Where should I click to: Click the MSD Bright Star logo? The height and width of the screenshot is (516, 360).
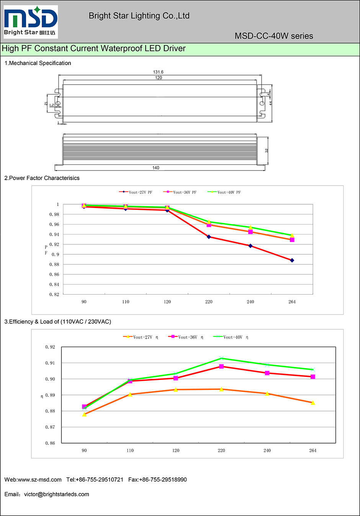(x=31, y=21)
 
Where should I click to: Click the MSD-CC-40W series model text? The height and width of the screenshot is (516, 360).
(x=274, y=36)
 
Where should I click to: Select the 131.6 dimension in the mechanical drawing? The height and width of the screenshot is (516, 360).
(x=158, y=72)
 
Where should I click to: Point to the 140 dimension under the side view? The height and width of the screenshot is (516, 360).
(x=156, y=168)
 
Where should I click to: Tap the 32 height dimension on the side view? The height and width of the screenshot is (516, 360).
(x=267, y=151)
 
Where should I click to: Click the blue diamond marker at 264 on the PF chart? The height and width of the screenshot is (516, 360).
(x=292, y=260)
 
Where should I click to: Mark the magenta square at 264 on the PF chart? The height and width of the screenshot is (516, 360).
(x=292, y=240)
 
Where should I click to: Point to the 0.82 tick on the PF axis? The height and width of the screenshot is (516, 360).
(x=54, y=295)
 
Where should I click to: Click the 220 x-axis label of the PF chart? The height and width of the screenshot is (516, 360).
(x=209, y=302)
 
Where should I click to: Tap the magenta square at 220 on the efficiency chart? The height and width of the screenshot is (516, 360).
(x=221, y=367)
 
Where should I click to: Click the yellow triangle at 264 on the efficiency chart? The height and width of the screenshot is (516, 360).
(x=313, y=403)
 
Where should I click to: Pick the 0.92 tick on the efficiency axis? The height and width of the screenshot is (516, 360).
(x=50, y=347)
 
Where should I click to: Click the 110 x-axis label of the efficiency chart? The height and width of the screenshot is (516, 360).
(x=130, y=450)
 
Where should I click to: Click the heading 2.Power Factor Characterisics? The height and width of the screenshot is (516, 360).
(x=42, y=178)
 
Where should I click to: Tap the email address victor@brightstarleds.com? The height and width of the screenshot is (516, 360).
(x=57, y=494)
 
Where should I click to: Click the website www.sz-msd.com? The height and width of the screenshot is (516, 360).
(x=39, y=480)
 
